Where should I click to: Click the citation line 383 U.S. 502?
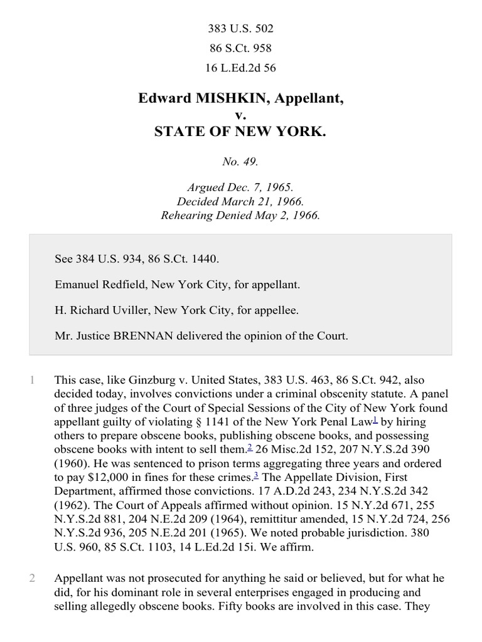click(240, 29)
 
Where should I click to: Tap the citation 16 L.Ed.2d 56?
click(240, 68)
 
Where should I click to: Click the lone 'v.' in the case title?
click(240, 115)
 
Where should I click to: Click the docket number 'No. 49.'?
click(240, 162)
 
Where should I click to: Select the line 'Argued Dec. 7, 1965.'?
click(240, 188)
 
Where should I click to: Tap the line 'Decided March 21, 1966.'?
click(240, 202)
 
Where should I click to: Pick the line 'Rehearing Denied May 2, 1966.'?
click(240, 215)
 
